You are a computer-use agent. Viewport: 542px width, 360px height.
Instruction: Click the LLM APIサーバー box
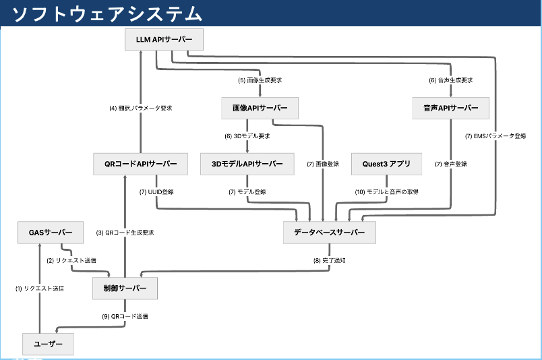pos(164,40)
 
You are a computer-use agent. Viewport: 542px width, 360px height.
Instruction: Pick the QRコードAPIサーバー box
pos(140,164)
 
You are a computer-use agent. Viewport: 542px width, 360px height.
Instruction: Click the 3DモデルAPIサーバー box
pos(247,164)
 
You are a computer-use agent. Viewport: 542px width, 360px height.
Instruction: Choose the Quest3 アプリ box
pos(386,164)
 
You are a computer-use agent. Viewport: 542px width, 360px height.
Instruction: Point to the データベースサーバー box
pos(329,232)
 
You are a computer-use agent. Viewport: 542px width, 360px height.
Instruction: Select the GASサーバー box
pos(51,232)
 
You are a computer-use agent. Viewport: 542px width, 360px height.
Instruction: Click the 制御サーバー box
pos(125,289)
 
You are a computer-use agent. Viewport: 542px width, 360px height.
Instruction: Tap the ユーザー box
pos(48,344)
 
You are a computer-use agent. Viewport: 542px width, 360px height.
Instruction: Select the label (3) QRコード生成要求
pos(125,233)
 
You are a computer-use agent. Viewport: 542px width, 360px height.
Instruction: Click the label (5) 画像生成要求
pos(260,80)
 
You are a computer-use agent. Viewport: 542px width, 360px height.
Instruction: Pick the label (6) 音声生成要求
pos(451,80)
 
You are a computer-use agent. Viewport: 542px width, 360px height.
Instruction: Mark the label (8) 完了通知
pos(328,260)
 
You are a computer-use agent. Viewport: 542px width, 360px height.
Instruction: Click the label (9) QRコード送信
pos(125,316)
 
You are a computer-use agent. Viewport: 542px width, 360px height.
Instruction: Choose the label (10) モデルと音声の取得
pos(387,192)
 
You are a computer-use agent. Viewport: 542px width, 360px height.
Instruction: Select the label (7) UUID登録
pos(156,192)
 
